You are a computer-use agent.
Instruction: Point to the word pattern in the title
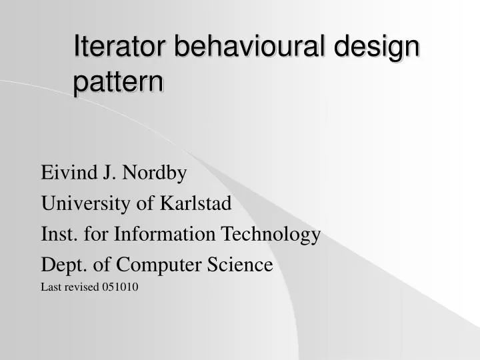click(118, 83)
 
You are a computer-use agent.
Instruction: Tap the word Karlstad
click(195, 203)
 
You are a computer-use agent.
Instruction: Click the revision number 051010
click(121, 288)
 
